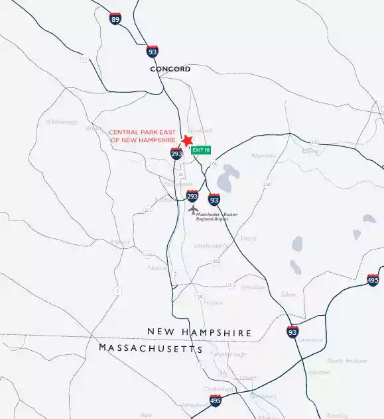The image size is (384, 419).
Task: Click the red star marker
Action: tap(187, 140)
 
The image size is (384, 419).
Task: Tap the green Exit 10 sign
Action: tap(201, 150)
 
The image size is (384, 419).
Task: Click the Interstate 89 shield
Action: tap(115, 19)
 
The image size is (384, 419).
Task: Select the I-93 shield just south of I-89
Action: tap(153, 51)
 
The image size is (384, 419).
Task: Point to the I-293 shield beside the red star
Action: tap(176, 154)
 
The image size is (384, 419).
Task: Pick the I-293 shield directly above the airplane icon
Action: tap(192, 196)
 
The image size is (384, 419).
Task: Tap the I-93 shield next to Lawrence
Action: tap(292, 332)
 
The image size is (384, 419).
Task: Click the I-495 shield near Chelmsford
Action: tap(216, 400)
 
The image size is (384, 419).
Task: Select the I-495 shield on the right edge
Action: tap(373, 279)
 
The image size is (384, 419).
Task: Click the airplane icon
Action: tap(193, 210)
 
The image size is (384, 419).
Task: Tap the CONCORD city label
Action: tap(170, 69)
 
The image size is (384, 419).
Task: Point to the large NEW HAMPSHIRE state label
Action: tap(199, 332)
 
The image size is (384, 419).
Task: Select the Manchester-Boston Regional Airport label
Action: tap(212, 217)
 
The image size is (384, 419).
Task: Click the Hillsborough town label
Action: tap(62, 122)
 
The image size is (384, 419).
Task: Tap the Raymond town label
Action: tap(263, 156)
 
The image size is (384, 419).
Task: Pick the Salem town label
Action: tap(288, 294)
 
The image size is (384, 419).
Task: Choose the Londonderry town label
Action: tap(211, 246)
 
